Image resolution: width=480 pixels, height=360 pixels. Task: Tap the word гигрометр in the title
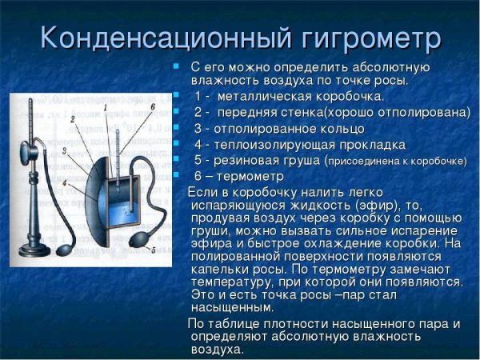364,37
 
